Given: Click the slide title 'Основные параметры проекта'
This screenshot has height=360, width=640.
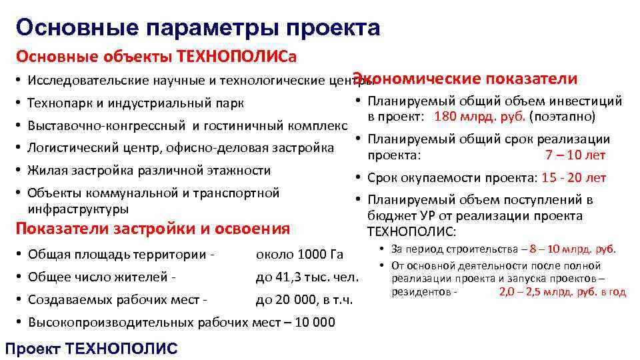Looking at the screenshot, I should [x=199, y=27].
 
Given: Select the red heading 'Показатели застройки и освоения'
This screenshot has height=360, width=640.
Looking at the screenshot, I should [x=152, y=229].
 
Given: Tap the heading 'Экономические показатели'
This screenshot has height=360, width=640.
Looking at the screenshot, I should [x=465, y=79].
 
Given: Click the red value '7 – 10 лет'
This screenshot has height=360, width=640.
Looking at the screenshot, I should [x=575, y=155].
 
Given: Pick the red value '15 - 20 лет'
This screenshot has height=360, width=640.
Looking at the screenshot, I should [x=574, y=177].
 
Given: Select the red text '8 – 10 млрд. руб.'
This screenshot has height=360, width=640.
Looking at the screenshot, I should [x=573, y=249].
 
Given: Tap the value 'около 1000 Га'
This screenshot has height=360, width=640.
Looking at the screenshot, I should [x=299, y=254].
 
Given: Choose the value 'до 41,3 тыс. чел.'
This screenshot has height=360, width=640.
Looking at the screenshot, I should [x=307, y=277].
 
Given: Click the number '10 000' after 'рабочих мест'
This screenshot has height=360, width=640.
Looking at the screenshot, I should [x=313, y=322].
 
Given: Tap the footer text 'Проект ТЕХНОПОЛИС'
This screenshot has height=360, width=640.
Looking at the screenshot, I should [x=91, y=349].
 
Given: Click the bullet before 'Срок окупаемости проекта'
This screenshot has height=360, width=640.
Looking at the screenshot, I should [x=358, y=178].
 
